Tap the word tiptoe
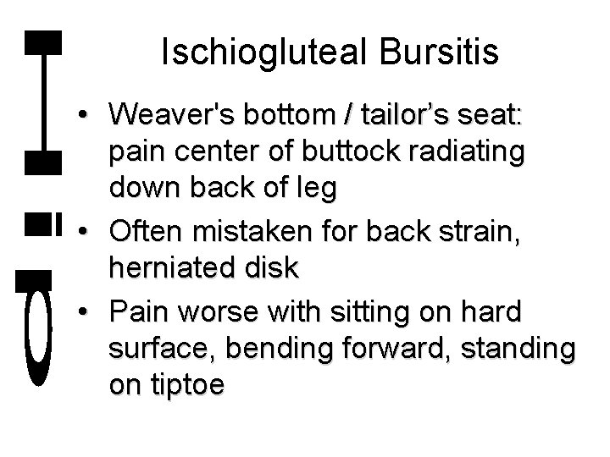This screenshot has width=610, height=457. pyautogui.click(x=186, y=386)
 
